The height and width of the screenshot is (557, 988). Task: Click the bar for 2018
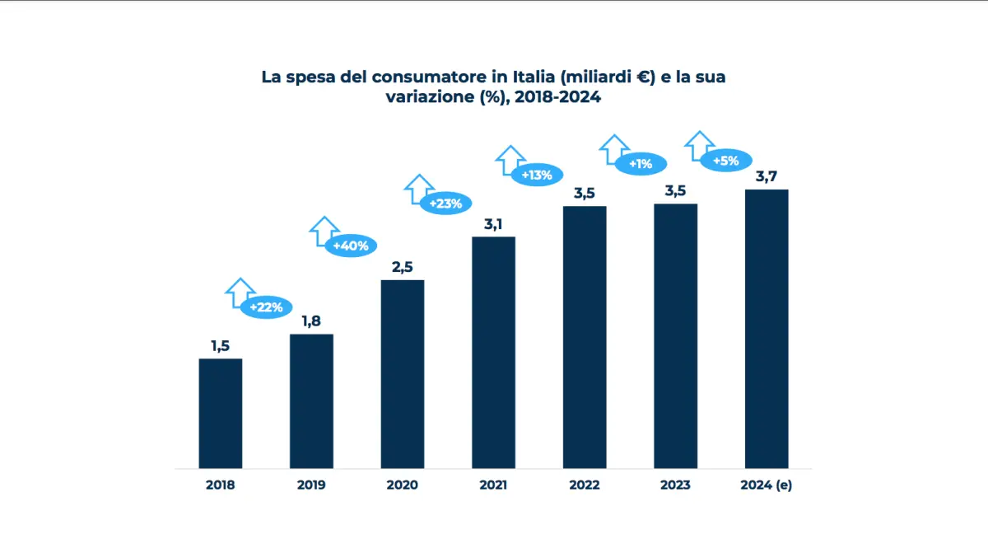coord(221,413)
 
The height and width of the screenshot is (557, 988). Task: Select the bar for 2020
coord(403,374)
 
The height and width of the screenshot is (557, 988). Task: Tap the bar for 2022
coord(585,337)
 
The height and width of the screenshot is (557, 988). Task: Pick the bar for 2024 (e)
coord(767,329)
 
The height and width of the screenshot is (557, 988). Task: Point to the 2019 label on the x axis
coord(311,485)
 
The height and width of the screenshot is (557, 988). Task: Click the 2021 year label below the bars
coord(493,485)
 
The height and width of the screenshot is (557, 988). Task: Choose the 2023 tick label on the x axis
coord(675,485)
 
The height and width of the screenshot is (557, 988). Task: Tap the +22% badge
coord(266,307)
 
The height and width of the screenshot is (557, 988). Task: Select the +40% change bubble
coord(351,246)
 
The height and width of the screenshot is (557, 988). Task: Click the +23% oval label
coord(445,204)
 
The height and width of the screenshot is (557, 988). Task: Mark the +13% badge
coord(537,175)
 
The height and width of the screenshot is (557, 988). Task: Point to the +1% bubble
coord(640,164)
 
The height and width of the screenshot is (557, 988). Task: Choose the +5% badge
coord(725,161)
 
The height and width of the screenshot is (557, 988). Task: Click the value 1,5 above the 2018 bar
coord(220,346)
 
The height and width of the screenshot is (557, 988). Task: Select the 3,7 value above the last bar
coord(767,176)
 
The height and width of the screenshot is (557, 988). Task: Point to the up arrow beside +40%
coord(324,231)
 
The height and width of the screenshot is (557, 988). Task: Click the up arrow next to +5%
coord(700,145)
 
